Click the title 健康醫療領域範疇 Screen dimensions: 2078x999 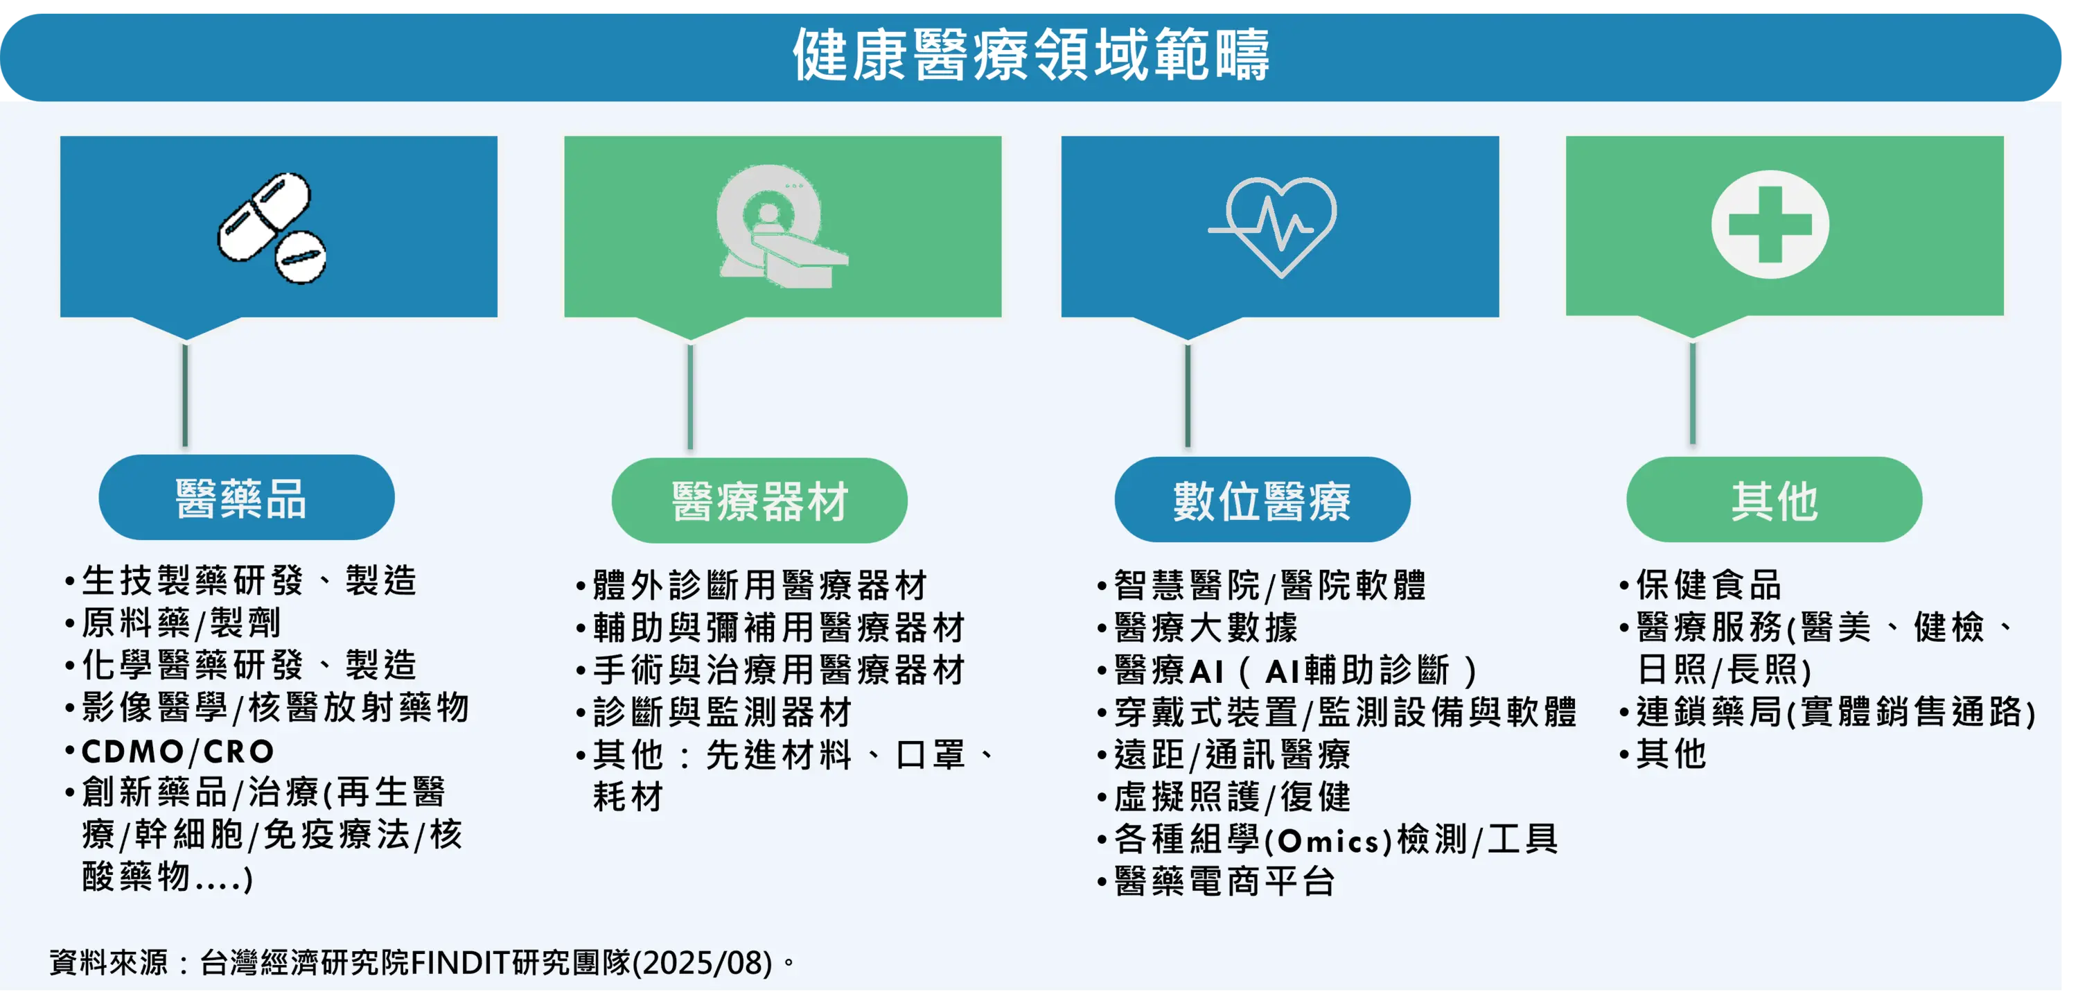click(x=1031, y=54)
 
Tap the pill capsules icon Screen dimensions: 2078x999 click(x=272, y=227)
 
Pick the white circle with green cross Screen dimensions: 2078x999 click(x=1770, y=225)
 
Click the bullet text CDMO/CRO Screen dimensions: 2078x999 click(x=177, y=752)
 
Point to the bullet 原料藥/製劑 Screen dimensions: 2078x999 click(x=181, y=623)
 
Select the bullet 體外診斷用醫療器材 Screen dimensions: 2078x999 click(x=760, y=585)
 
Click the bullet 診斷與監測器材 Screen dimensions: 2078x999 click(x=722, y=712)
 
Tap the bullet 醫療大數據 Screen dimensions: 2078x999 click(x=1206, y=627)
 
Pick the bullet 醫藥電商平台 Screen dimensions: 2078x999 click(x=1224, y=881)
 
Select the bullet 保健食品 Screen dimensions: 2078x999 click(x=1709, y=585)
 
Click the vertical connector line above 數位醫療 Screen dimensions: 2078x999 click(x=1188, y=394)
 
